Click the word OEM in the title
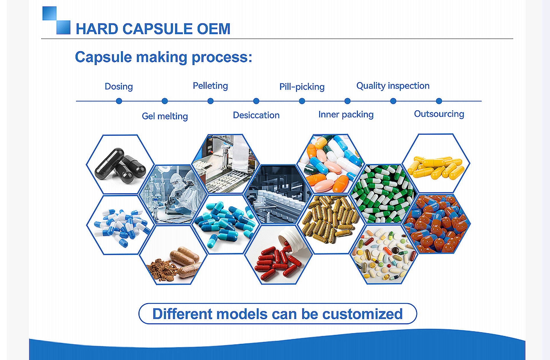click(x=214, y=29)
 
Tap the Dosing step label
click(x=119, y=87)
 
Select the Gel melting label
click(x=165, y=116)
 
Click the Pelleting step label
click(x=210, y=86)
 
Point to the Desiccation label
click(x=256, y=115)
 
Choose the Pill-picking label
click(x=302, y=87)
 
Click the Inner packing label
click(x=346, y=114)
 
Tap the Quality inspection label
click(x=393, y=86)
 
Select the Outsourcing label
click(x=439, y=114)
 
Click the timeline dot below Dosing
click(x=119, y=101)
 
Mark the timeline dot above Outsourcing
click(x=439, y=101)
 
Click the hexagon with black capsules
click(x=120, y=164)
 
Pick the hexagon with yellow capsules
click(x=436, y=163)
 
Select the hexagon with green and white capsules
click(x=383, y=194)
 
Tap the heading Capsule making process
click(x=164, y=57)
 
